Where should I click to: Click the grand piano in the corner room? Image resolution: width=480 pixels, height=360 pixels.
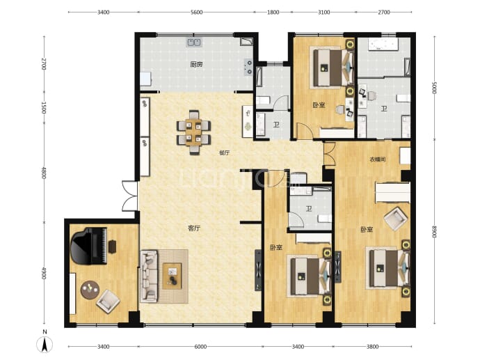click(89, 246)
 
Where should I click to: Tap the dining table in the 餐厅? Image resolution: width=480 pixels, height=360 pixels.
click(193, 132)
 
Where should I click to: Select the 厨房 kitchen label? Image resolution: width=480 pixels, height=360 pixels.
click(196, 64)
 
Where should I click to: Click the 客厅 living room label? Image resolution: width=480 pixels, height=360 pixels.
click(194, 228)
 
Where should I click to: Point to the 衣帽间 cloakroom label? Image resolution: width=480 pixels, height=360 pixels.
click(378, 159)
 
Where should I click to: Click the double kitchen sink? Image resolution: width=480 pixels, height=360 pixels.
click(194, 42)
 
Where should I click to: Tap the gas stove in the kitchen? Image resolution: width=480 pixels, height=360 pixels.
click(248, 68)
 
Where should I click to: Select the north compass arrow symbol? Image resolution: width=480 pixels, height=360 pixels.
click(45, 344)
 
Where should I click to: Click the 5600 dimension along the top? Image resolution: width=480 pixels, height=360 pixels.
click(197, 13)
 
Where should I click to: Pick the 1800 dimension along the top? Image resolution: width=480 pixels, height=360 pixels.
click(273, 13)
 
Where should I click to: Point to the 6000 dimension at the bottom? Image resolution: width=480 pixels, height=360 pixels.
click(200, 347)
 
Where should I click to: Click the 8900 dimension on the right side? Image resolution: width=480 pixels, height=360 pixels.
click(434, 232)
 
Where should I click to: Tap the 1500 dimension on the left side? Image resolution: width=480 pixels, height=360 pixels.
click(43, 107)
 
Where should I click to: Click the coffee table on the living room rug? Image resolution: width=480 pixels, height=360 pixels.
click(172, 276)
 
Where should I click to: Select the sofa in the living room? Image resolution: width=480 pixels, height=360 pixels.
click(149, 276)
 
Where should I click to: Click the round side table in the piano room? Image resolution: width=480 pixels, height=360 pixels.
click(90, 290)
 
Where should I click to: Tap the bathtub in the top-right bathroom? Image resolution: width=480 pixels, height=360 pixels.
click(383, 44)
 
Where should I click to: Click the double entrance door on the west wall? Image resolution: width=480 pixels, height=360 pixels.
click(130, 196)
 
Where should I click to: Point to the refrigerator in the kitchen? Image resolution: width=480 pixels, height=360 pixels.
click(145, 79)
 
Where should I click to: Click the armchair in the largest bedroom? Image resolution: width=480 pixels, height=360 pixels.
click(396, 219)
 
